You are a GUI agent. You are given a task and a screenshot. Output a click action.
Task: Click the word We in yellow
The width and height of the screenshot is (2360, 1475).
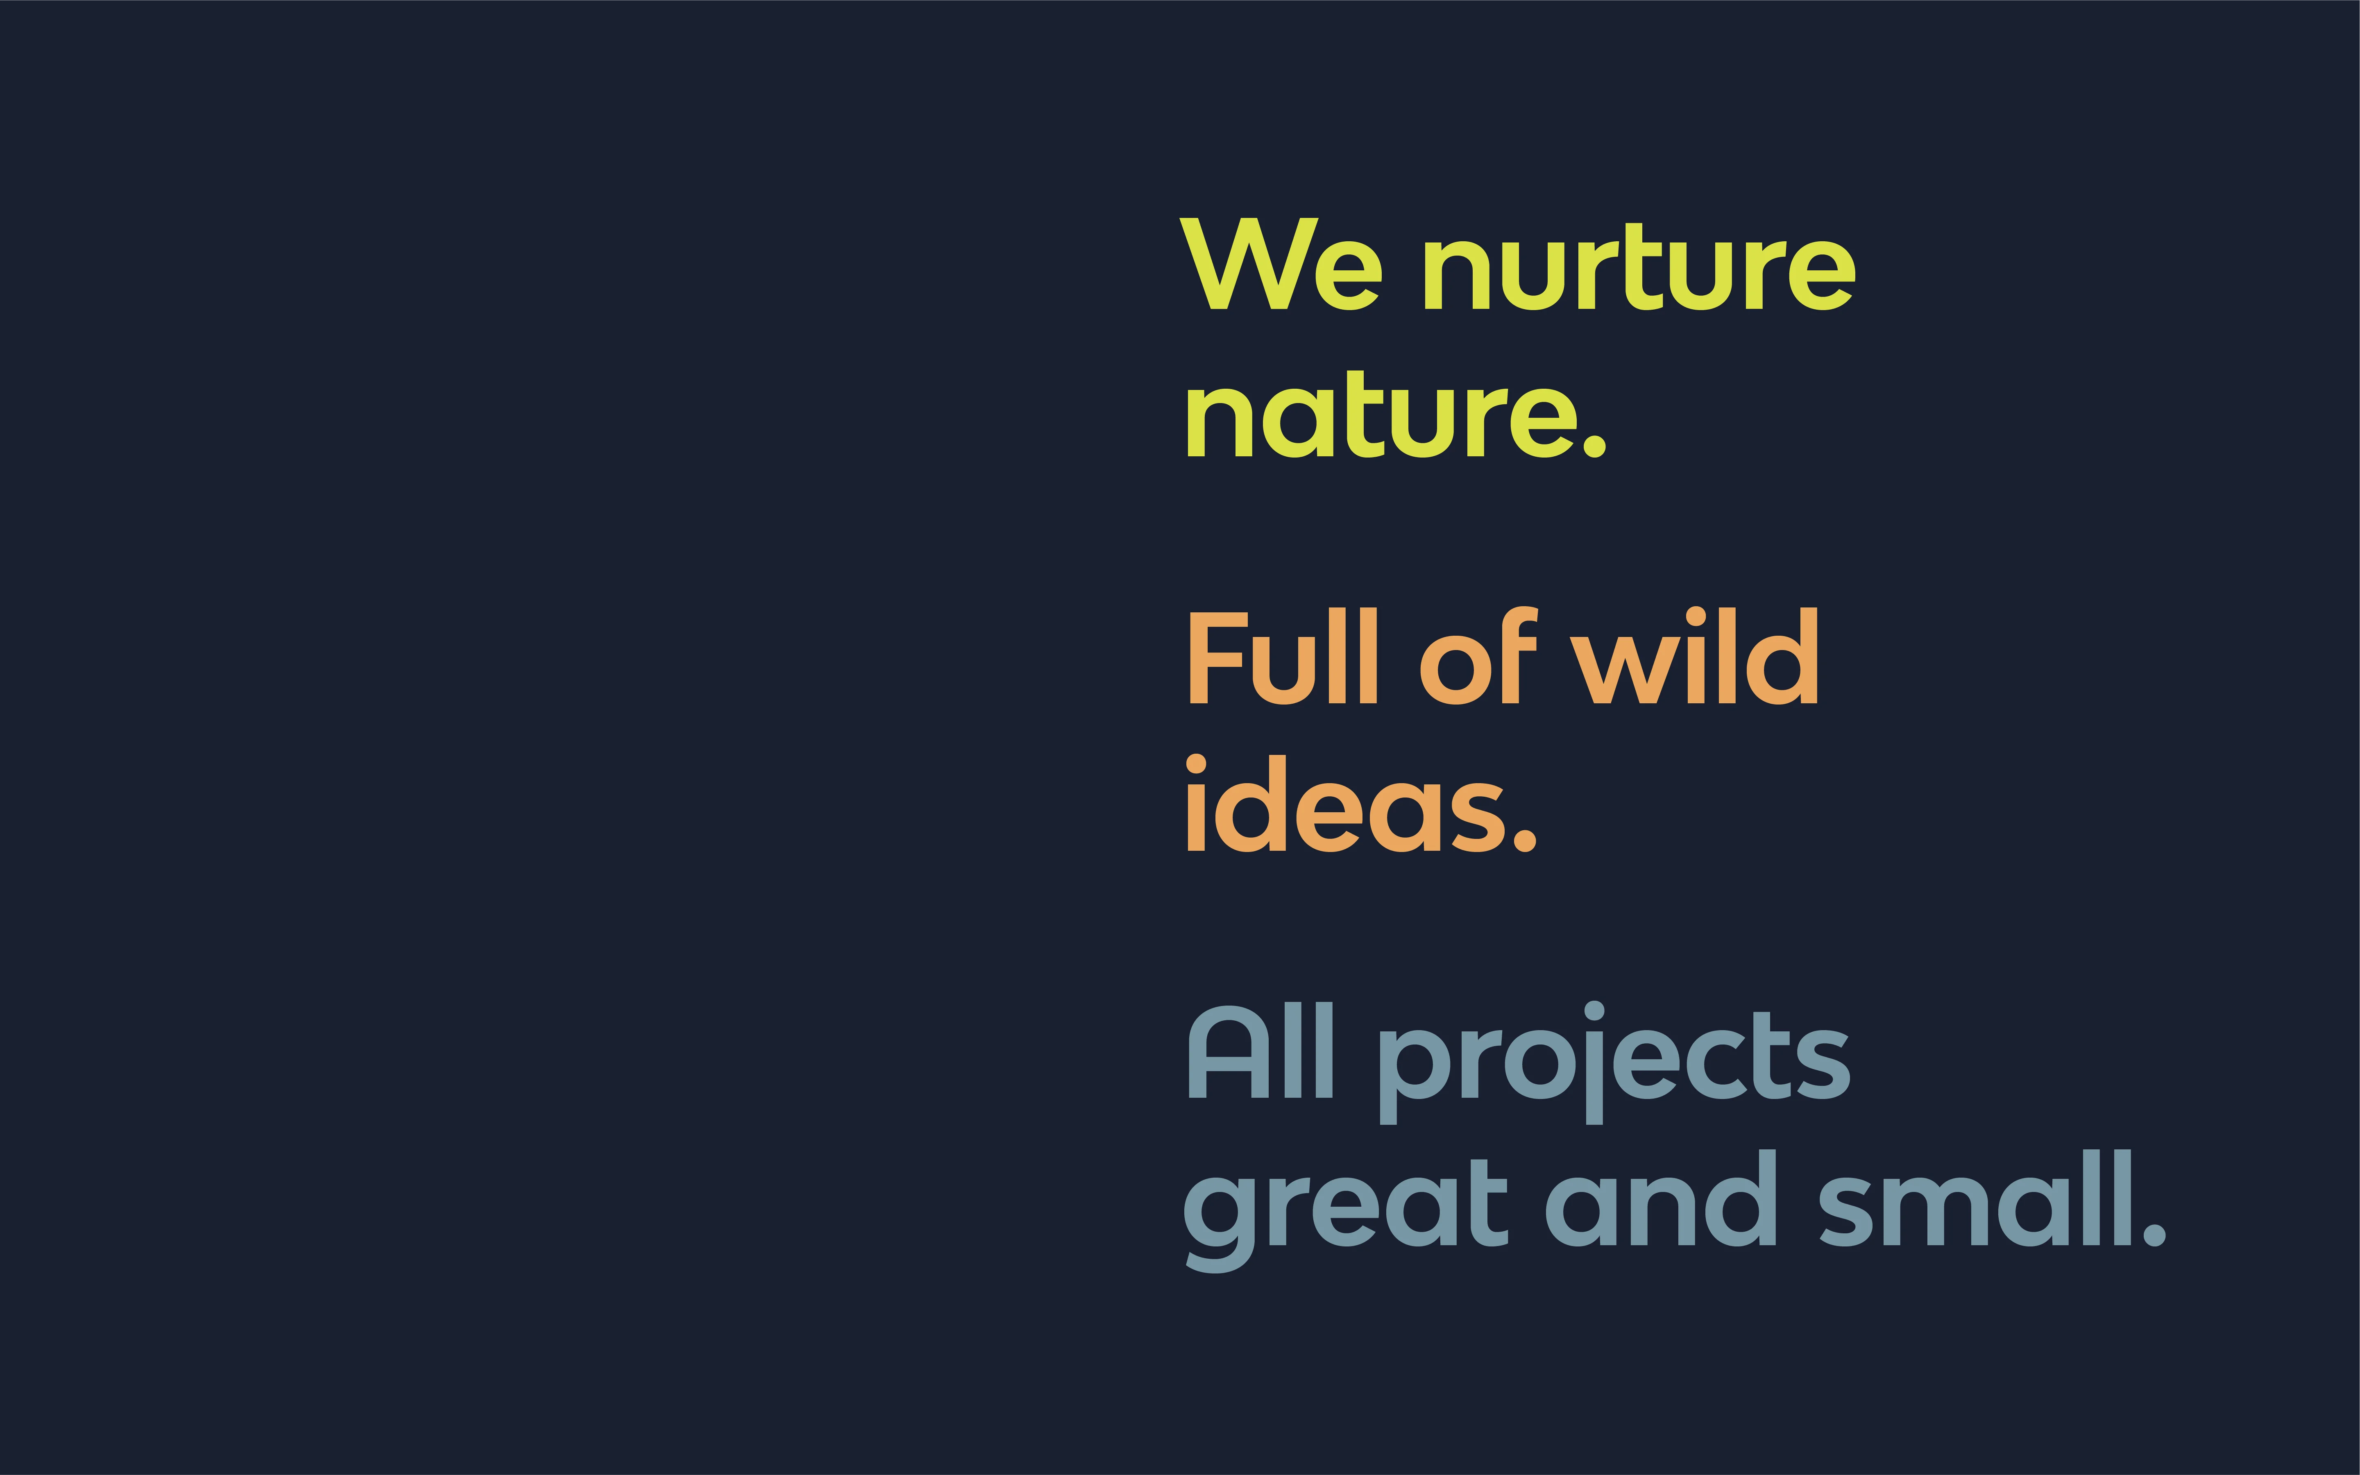point(1280,265)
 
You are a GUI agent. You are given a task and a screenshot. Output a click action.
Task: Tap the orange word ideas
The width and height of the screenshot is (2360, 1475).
point(1347,805)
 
